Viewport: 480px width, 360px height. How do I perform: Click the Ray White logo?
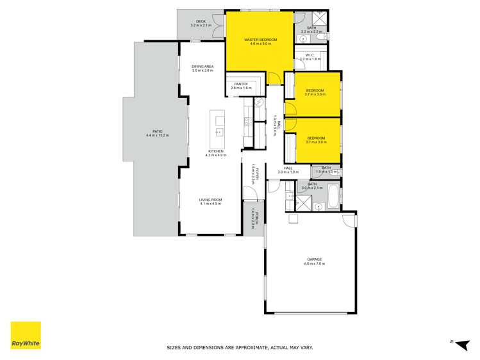point(26,335)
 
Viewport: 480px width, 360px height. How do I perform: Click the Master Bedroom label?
point(261,40)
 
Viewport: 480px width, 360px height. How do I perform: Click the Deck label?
point(201,21)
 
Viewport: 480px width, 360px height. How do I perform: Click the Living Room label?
point(210,199)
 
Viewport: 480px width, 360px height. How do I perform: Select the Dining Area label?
point(203,66)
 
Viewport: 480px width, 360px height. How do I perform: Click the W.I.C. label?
point(310,55)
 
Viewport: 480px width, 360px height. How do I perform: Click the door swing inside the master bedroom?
point(272,78)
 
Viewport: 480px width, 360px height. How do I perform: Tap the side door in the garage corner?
point(349,220)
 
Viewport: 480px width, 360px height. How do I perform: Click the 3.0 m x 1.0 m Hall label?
point(288,168)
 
